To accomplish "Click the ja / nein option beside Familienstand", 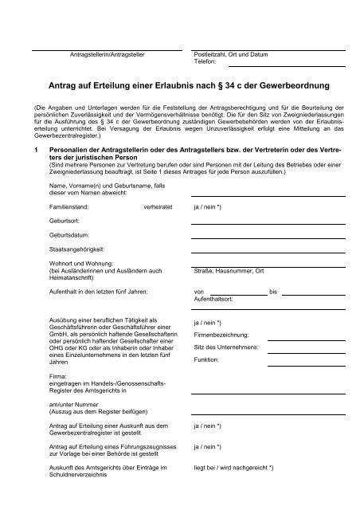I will [208, 227].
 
